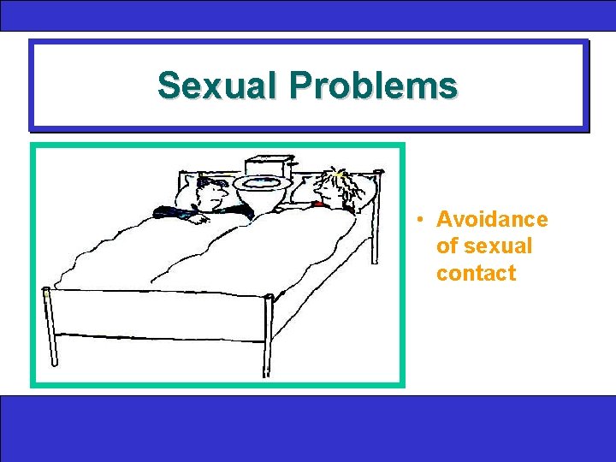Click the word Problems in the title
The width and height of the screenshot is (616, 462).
pyautogui.click(x=375, y=86)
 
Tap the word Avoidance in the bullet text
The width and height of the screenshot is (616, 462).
pyautogui.click(x=492, y=219)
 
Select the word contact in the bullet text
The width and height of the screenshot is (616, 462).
pyautogui.click(x=476, y=274)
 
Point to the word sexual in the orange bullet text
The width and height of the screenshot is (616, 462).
pyautogui.click(x=484, y=246)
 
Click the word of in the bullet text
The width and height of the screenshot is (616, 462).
pyautogui.click(x=447, y=246)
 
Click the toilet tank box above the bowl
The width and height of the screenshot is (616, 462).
pyautogui.click(x=269, y=165)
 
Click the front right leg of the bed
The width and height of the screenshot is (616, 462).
pyautogui.click(x=268, y=334)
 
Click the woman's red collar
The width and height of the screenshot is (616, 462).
pyautogui.click(x=320, y=204)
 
